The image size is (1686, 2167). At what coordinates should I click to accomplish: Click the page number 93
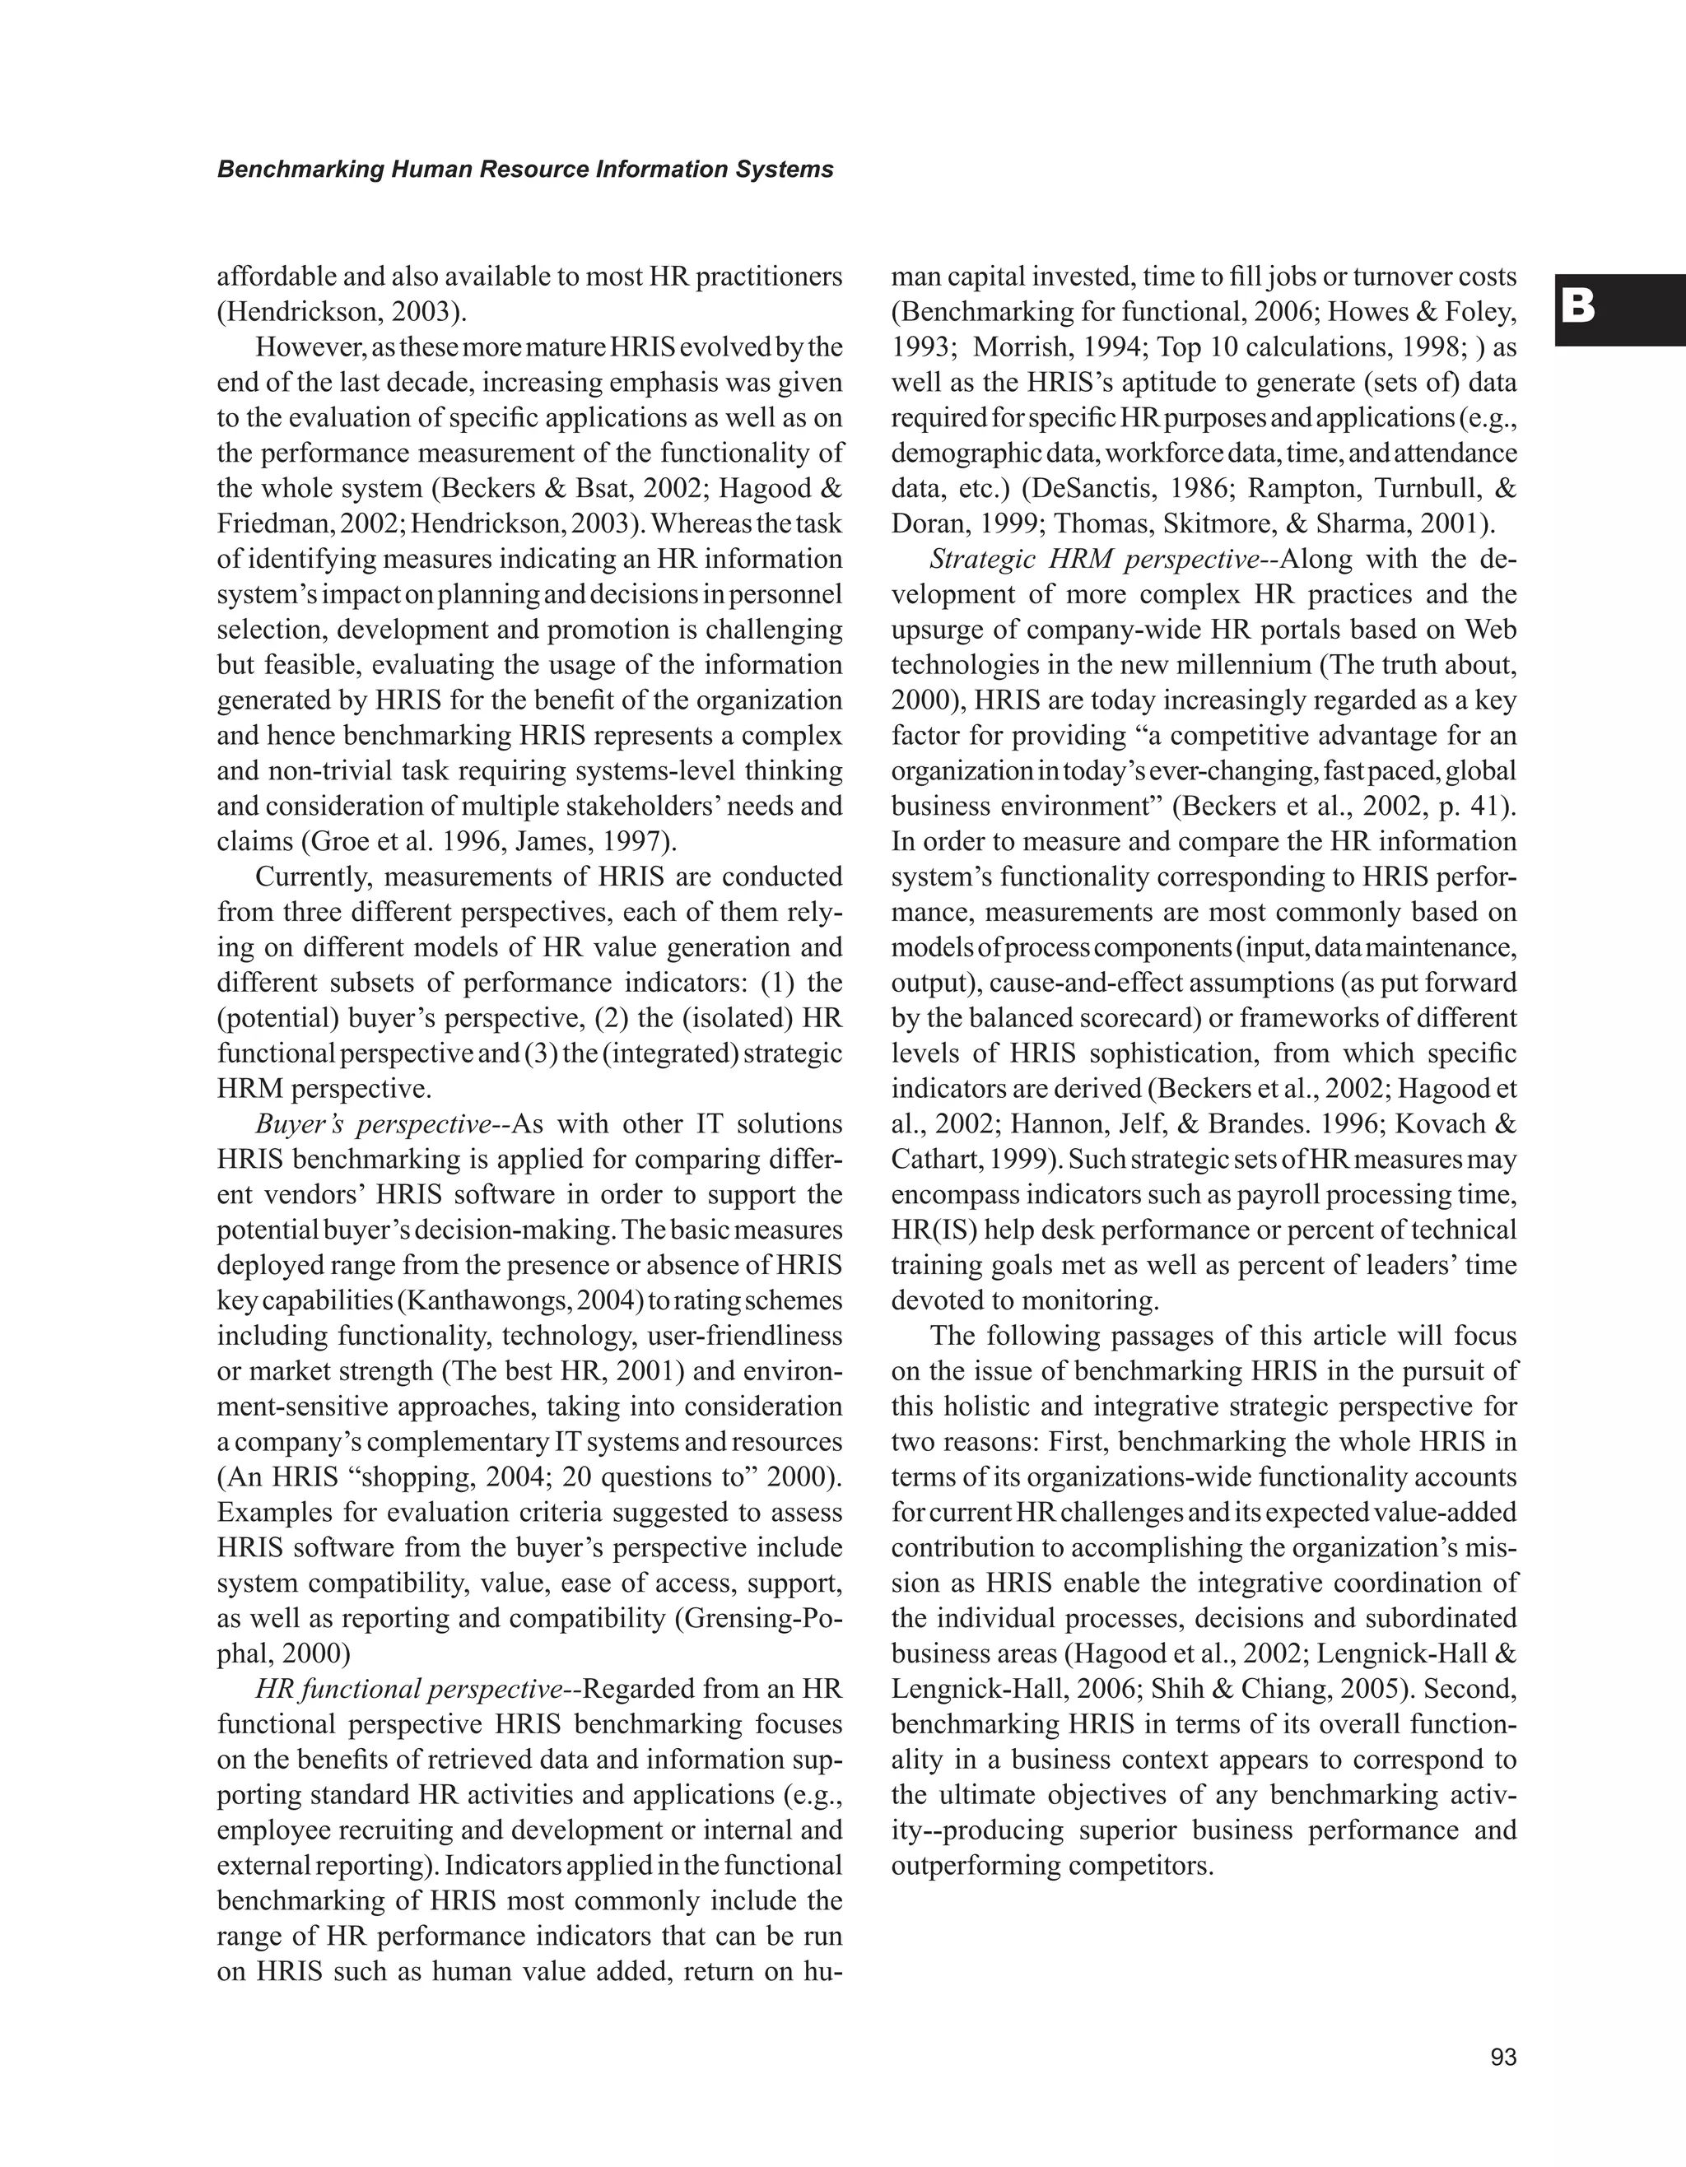tap(1503, 2058)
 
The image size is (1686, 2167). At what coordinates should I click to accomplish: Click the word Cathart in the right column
tap(932, 1160)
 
